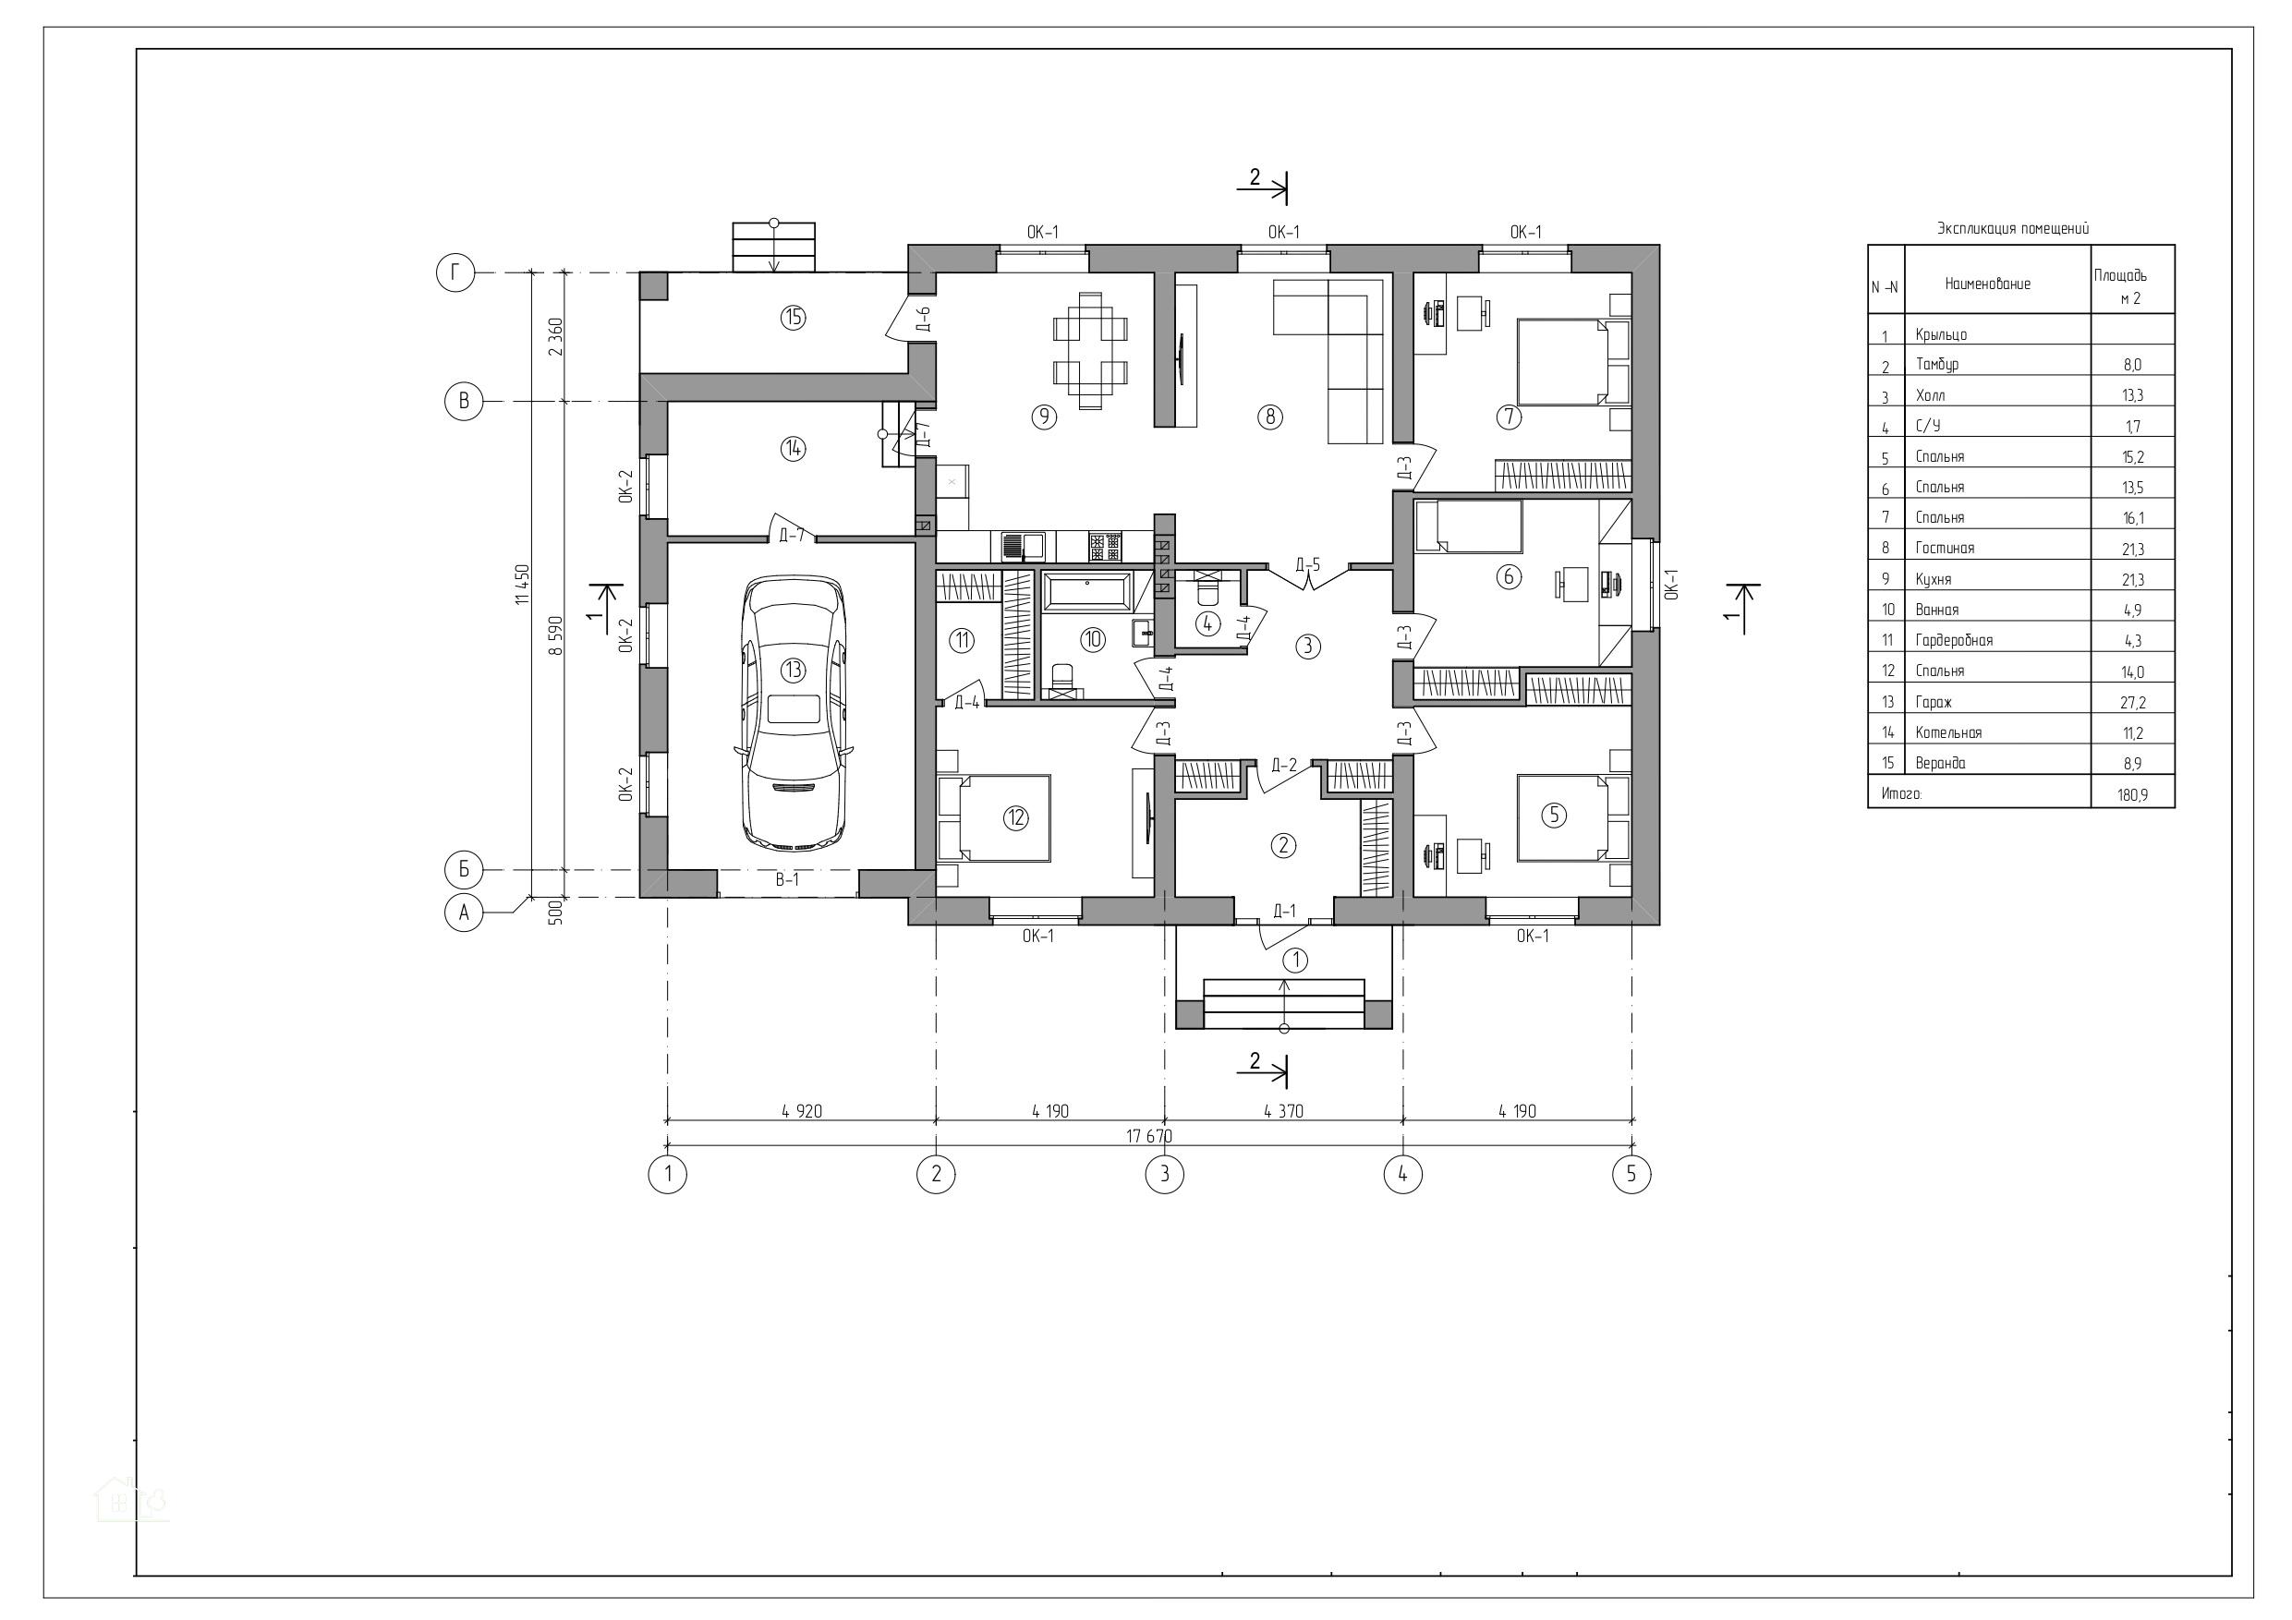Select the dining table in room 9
click(1091, 349)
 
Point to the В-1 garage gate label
click(788, 880)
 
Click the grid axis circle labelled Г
click(455, 272)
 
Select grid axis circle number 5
click(1631, 1174)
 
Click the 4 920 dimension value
click(802, 1111)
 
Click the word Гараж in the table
click(1933, 702)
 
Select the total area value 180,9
click(2132, 794)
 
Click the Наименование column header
click(1987, 284)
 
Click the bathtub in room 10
click(1086, 591)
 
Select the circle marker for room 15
click(794, 318)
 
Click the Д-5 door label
click(1308, 565)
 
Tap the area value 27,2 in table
click(2132, 703)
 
